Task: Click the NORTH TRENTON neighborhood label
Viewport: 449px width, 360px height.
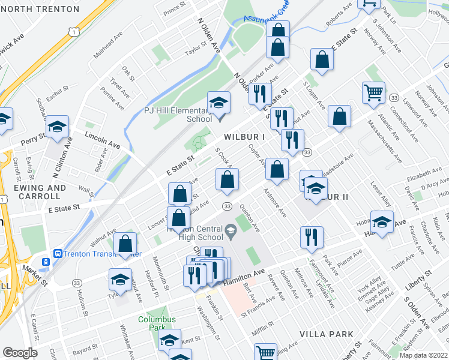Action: tap(40, 9)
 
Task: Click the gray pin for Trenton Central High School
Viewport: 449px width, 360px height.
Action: tap(231, 229)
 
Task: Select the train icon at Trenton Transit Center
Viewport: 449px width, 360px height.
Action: tap(45, 262)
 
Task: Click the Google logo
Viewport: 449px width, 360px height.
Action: tap(19, 353)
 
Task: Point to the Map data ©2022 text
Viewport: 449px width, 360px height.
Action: tap(423, 355)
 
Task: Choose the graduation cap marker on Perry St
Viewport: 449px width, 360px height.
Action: tap(58, 127)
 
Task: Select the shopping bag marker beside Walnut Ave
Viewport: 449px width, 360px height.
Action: tap(125, 244)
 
